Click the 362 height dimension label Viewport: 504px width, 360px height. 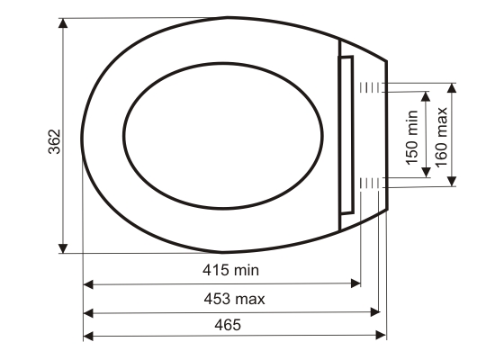tap(54, 142)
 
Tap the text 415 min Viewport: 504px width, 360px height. tap(230, 270)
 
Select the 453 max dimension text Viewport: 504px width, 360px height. tap(234, 299)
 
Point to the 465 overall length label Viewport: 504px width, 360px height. tap(228, 325)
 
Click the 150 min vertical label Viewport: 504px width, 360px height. tap(412, 138)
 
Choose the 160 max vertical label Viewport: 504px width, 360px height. tap(442, 137)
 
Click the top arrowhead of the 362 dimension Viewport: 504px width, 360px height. tap(63, 23)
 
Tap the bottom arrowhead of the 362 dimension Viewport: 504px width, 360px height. tap(63, 248)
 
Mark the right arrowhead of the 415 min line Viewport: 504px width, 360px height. tap(355, 283)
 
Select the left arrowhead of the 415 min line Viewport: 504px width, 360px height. tap(88, 284)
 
